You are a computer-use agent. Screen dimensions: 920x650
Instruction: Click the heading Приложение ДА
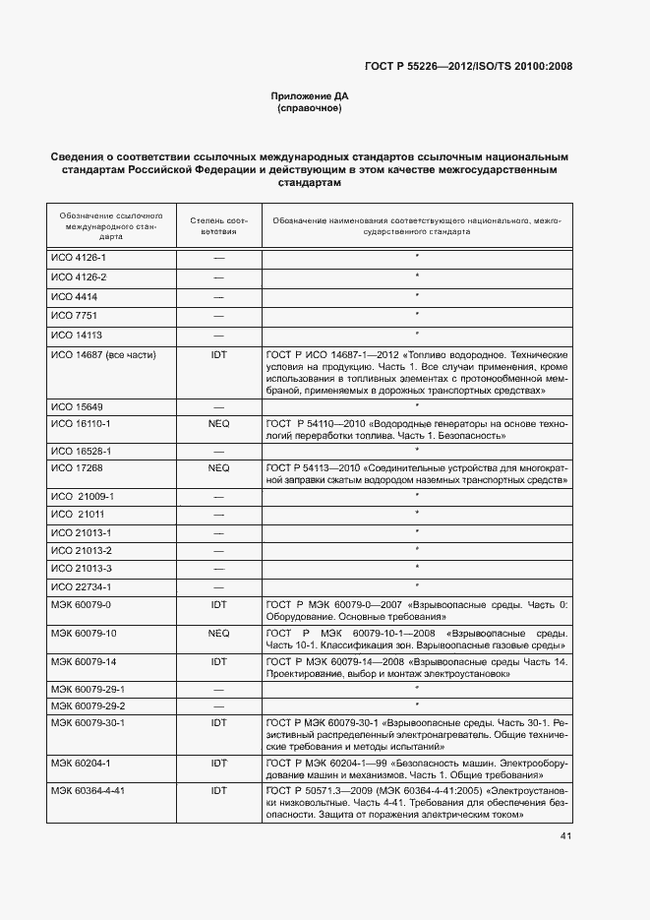coord(310,95)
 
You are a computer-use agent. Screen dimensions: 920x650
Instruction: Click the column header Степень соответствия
coord(219,225)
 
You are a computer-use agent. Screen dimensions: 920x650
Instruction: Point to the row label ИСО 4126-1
coord(80,258)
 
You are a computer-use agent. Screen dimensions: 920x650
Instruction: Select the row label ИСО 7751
coord(74,315)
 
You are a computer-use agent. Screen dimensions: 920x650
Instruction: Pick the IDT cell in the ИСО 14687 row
coord(219,353)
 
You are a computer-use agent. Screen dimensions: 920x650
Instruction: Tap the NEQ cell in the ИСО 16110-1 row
coord(219,423)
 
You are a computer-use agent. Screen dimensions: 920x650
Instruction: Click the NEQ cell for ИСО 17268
coord(219,467)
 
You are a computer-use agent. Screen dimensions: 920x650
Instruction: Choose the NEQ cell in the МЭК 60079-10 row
coord(219,633)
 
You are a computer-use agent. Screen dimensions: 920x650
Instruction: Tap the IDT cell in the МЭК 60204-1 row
coord(219,763)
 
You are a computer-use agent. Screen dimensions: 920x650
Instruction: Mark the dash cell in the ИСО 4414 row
coord(219,296)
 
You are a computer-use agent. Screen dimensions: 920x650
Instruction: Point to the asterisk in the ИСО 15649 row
coord(417,404)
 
